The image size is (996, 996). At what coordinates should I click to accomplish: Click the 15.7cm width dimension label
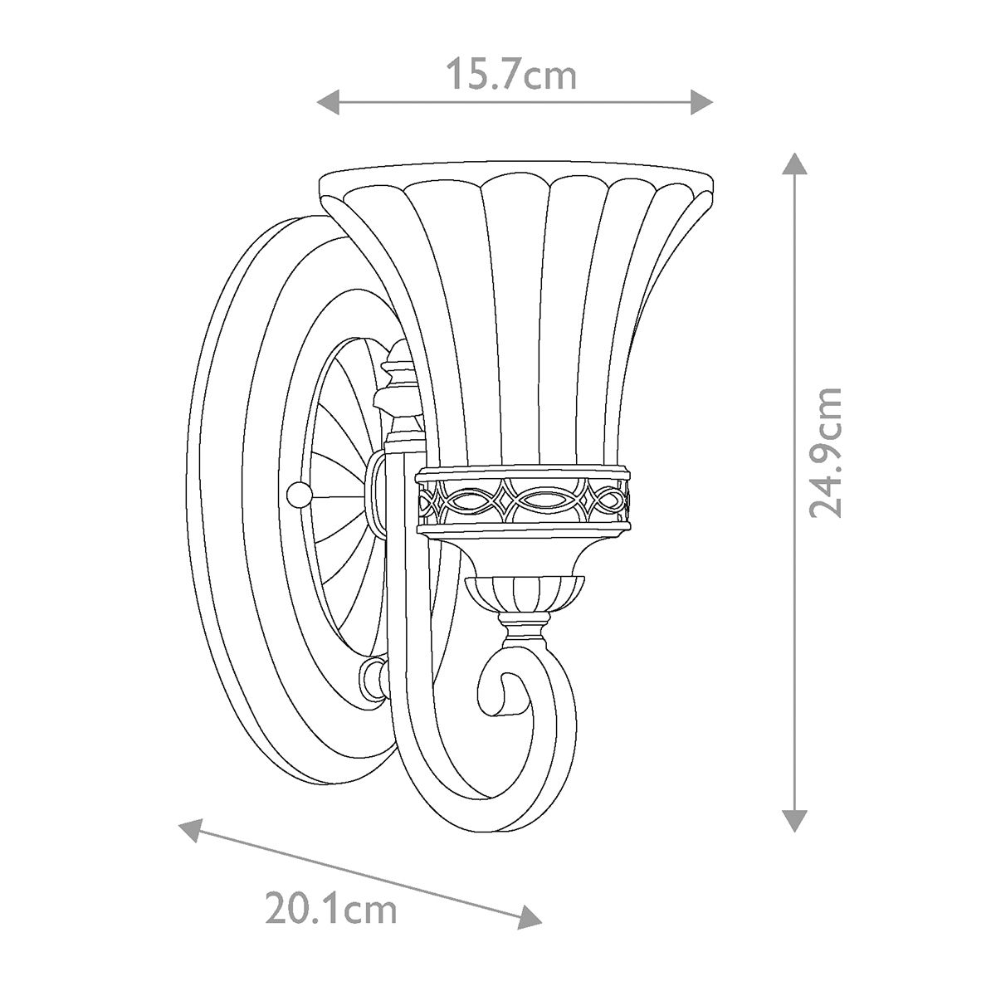point(511,75)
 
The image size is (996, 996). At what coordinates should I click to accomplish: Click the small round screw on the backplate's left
point(296,496)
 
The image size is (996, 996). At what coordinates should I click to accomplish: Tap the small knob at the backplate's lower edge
point(372,680)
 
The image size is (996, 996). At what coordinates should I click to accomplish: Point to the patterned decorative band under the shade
point(523,500)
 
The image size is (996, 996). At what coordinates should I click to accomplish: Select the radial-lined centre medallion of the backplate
point(340,498)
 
